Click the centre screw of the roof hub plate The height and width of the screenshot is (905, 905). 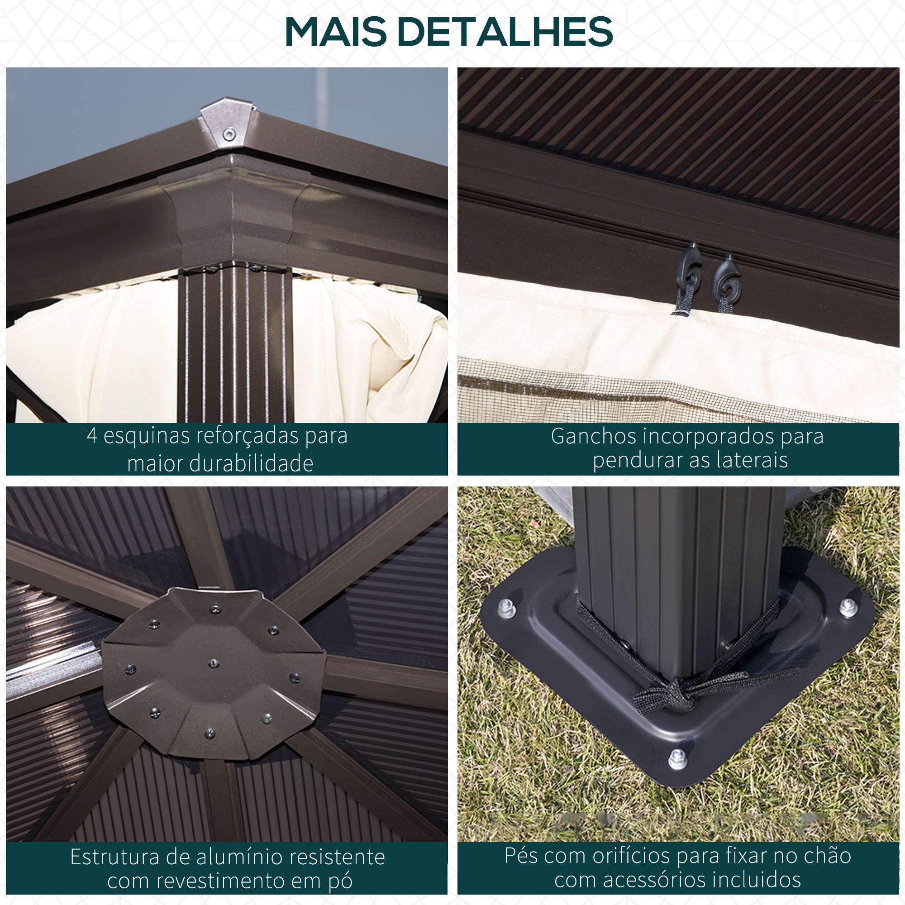point(214,663)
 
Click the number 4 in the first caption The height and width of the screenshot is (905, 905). point(92,436)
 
